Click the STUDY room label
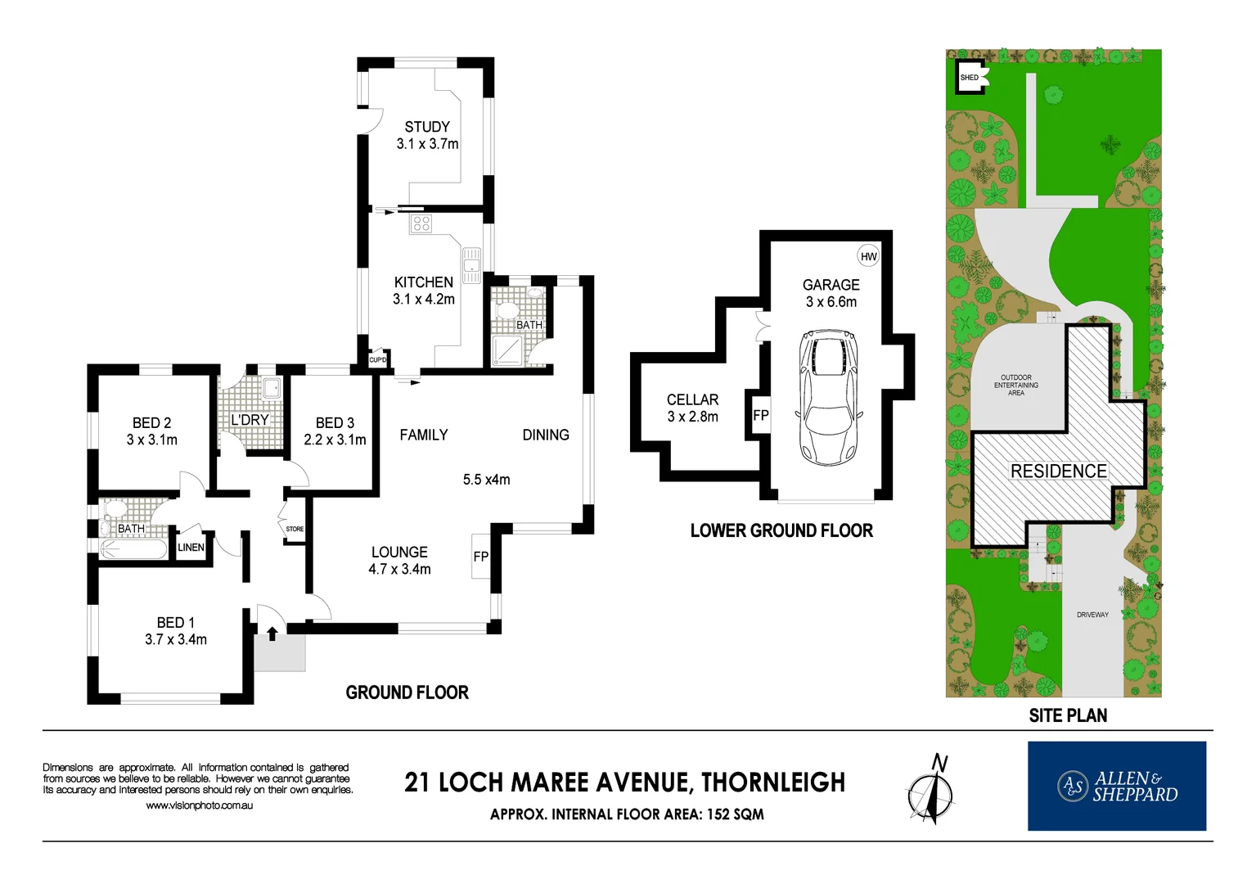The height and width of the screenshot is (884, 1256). [427, 127]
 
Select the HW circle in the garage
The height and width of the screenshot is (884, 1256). [868, 256]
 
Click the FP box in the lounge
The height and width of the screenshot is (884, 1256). [481, 557]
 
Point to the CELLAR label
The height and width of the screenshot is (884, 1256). [692, 399]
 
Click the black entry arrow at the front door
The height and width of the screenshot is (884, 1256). [272, 633]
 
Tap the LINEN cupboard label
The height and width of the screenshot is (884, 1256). [191, 548]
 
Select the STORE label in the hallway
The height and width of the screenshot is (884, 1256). [295, 529]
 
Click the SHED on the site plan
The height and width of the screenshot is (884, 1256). [970, 78]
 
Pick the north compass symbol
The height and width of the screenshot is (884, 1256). [930, 791]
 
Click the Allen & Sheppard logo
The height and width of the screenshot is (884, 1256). [1116, 786]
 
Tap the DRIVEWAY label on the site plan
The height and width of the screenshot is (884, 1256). [1092, 615]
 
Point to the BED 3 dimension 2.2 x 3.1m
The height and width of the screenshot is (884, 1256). [335, 440]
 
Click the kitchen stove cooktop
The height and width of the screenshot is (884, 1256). [421, 223]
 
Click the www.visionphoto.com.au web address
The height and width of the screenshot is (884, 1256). [199, 805]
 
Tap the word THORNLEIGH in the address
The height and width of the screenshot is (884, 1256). [773, 783]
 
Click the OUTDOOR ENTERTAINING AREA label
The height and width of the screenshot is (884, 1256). [1015, 385]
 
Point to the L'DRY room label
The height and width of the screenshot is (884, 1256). [250, 420]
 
